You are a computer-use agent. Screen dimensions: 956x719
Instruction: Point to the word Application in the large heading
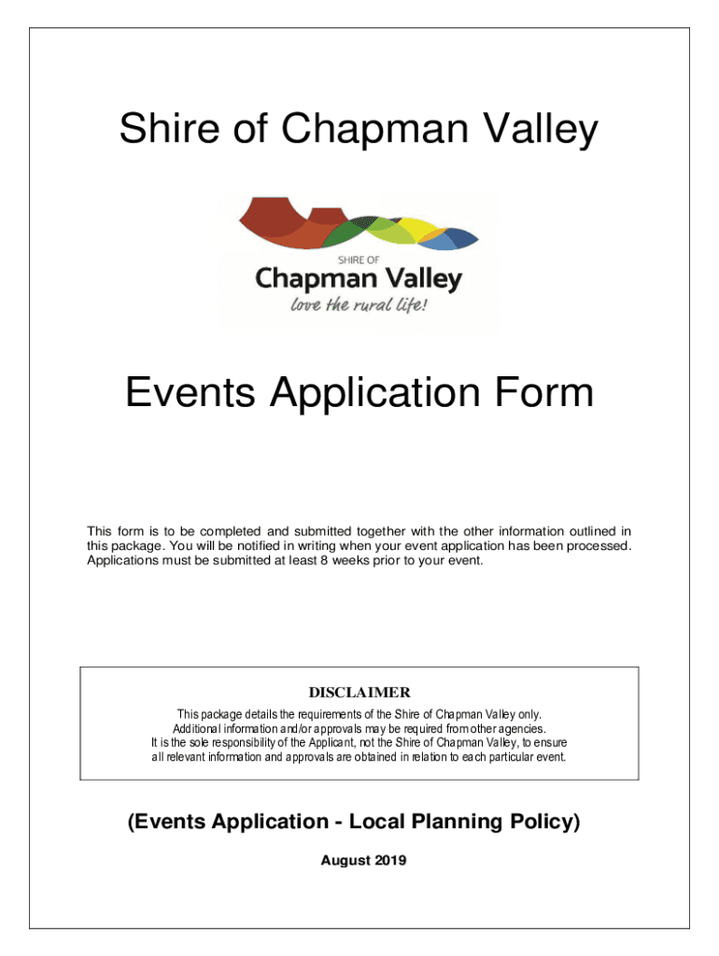point(381,392)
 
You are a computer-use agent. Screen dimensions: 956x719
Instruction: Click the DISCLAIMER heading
point(359,693)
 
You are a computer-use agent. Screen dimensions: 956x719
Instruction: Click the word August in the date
point(345,861)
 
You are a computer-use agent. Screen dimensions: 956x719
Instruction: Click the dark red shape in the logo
point(271,217)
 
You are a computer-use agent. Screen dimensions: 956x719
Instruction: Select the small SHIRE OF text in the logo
point(358,260)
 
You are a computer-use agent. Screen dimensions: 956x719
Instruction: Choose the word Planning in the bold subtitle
point(446,822)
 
